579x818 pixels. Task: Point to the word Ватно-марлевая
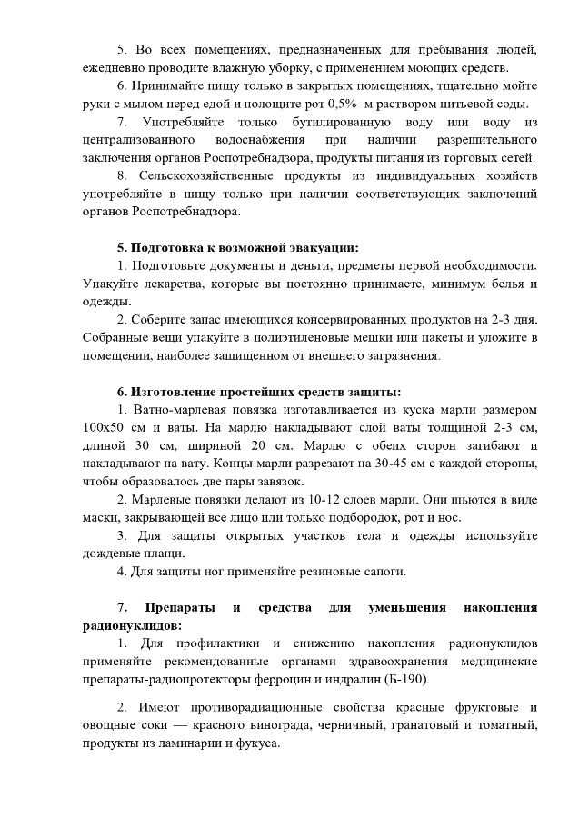pyautogui.click(x=179, y=409)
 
